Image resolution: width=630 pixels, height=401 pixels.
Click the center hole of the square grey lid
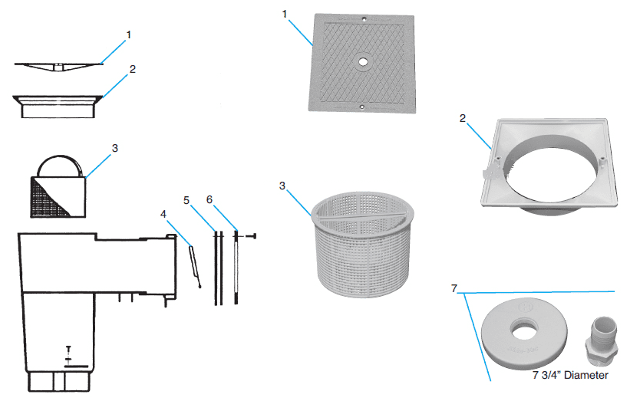point(363,62)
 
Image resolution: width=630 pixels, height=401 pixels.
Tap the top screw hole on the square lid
point(364,18)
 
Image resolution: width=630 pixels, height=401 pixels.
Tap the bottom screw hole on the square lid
point(361,107)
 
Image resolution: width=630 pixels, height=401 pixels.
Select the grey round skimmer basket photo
point(363,245)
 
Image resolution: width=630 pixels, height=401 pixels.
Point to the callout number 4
point(163,214)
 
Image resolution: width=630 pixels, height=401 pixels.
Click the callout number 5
point(186,200)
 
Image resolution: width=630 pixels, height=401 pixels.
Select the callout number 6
point(209,199)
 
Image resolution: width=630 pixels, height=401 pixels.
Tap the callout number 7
point(454,288)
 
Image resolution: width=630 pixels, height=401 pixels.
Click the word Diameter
point(586,375)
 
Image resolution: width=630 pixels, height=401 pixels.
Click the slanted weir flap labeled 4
point(195,267)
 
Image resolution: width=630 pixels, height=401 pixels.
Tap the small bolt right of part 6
point(251,236)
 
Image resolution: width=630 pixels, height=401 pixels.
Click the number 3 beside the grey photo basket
point(282,186)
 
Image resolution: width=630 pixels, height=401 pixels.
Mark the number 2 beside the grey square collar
point(463,118)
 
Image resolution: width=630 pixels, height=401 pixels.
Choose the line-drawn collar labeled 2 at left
point(58,107)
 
